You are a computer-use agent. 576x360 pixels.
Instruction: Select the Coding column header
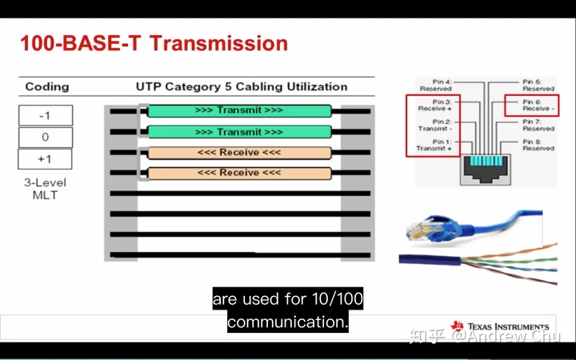tap(47, 86)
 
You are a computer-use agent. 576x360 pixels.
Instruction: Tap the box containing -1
tap(45, 115)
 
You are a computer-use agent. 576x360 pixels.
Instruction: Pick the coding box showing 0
tap(45, 137)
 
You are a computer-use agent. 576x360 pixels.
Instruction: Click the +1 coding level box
tap(45, 158)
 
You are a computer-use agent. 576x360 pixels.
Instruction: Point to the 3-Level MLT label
tap(45, 189)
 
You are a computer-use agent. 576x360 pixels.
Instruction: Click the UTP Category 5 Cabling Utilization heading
tap(242, 86)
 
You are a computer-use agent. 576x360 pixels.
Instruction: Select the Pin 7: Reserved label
tap(538, 125)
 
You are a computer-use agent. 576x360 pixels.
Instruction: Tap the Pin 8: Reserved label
tap(538, 144)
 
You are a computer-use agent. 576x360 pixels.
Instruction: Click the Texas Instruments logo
tap(500, 327)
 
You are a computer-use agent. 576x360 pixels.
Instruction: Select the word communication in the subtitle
tap(287, 322)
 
